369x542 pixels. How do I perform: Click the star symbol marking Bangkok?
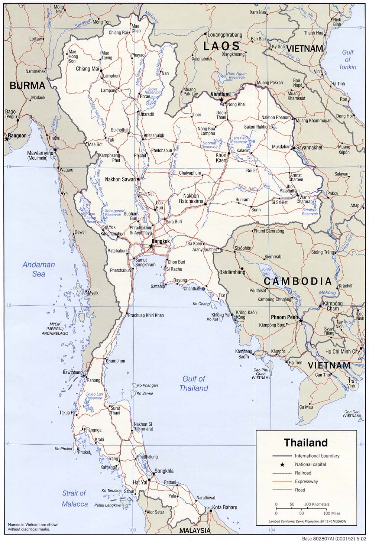pos(151,246)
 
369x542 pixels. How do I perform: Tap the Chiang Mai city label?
pos(87,69)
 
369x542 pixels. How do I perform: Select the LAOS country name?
pos(221,46)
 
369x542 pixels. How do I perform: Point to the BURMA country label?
pos(27,86)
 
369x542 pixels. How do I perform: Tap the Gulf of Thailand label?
pos(194,383)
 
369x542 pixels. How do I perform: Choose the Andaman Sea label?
pos(39,269)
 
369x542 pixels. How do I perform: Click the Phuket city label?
pos(84,452)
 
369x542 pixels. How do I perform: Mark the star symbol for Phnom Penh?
pos(301,320)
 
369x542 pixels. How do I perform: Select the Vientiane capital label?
pos(220,94)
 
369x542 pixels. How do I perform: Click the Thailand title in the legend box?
pos(306,442)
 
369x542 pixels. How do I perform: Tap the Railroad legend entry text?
pos(303,473)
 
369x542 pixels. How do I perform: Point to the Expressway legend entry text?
pos(306,481)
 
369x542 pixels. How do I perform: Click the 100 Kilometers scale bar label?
pos(316,504)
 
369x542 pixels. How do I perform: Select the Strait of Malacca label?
pos(74,499)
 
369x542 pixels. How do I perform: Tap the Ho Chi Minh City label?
pos(342,351)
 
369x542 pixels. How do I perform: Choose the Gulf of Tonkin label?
pos(347,60)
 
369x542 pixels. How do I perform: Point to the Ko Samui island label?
pos(145,393)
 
